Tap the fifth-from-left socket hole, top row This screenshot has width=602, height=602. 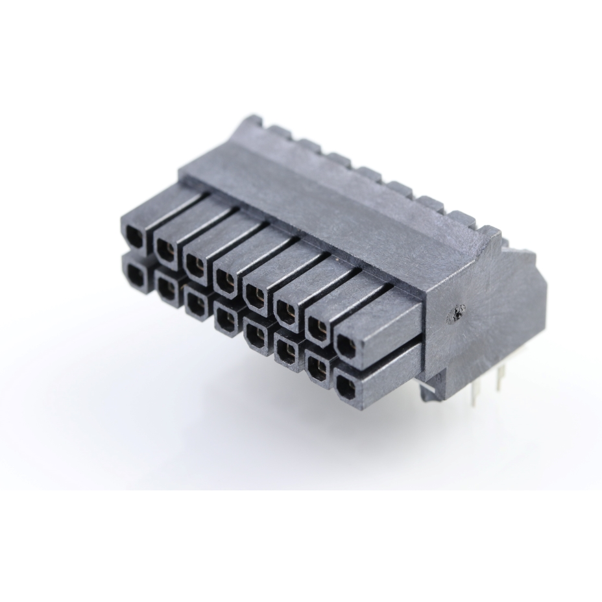[256, 296]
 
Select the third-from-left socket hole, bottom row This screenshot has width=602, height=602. [195, 302]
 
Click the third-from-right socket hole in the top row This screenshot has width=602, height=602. [286, 313]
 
